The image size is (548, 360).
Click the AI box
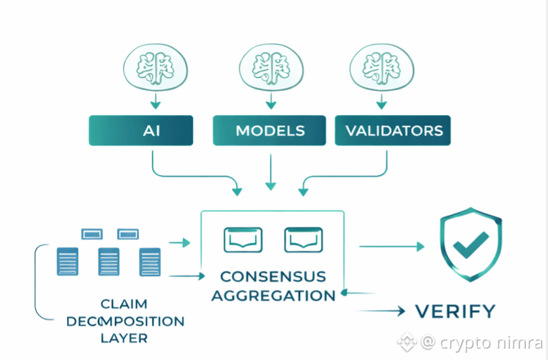point(140,131)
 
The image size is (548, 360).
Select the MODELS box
point(270,131)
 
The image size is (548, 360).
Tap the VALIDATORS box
point(394,131)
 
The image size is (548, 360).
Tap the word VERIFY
point(455,311)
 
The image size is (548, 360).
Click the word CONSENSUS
point(272,276)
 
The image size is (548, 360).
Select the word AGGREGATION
point(272,295)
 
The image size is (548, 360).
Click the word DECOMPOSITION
point(125,321)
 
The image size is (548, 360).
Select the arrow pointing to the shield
point(391,246)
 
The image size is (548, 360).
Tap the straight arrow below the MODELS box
point(270,173)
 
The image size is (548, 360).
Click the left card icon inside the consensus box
point(243,240)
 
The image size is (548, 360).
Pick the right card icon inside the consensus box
point(304,240)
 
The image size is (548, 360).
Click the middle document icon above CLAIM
point(108,261)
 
